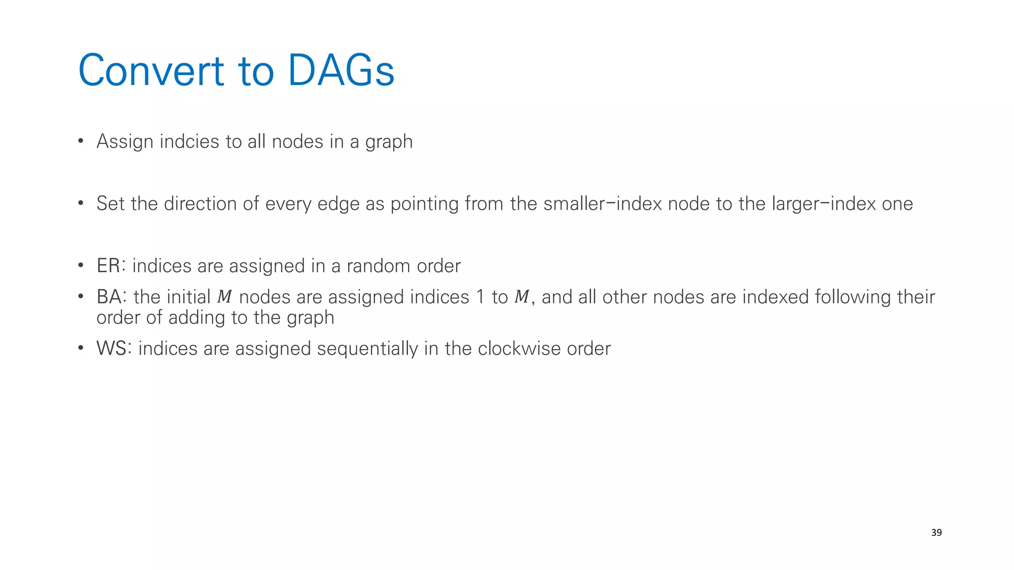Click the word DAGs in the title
341,71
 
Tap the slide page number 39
936,532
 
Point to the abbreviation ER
108,266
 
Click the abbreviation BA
109,297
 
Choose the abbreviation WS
111,348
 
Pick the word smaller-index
602,204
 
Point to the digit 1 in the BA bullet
480,297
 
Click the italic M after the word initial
224,297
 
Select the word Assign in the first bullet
125,142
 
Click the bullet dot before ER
81,266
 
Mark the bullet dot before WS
81,348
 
